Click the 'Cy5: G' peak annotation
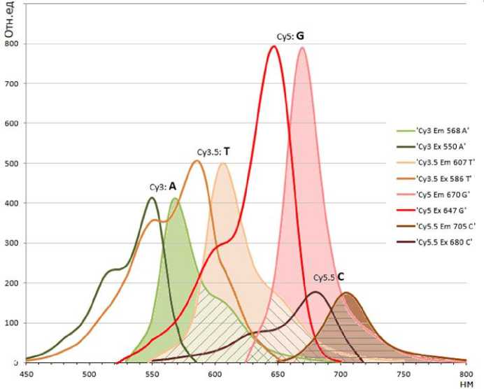(293, 35)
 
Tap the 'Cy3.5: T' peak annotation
(214, 150)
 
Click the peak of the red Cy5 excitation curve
(273, 47)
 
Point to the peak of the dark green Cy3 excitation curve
(151, 198)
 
